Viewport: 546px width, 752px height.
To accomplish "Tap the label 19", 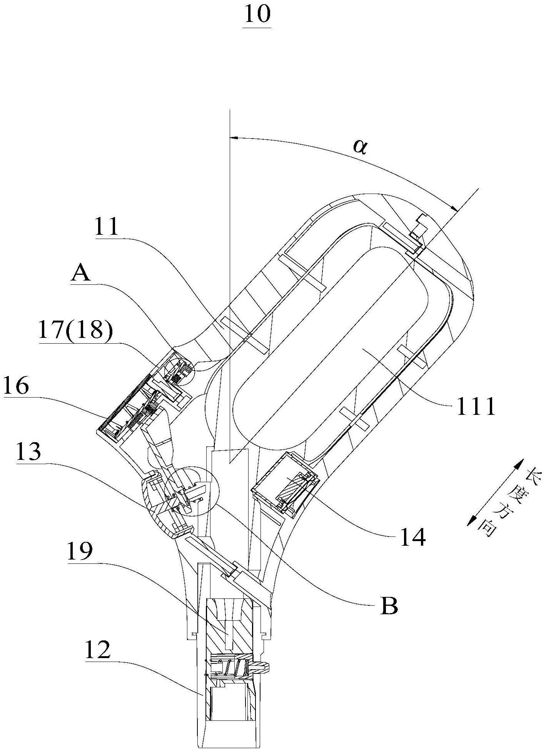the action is click(80, 552).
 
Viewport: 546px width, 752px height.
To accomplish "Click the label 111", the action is click(476, 407).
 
